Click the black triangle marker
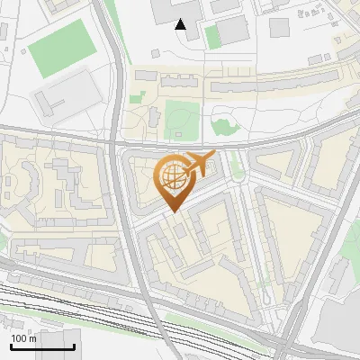(x=181, y=24)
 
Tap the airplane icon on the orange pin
(x=196, y=163)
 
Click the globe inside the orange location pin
(x=172, y=176)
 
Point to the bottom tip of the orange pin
(x=173, y=212)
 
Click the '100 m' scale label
(x=23, y=338)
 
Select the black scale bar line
(x=42, y=346)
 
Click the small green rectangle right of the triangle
(x=212, y=37)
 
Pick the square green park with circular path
(x=181, y=119)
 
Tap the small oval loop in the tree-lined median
(x=268, y=296)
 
